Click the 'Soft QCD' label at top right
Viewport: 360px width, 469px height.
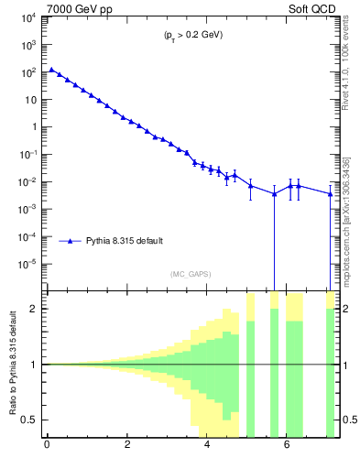[309, 10]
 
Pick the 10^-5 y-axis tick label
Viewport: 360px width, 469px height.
[27, 265]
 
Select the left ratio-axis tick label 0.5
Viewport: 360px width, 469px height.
[32, 420]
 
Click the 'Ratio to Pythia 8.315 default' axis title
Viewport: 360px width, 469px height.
[11, 363]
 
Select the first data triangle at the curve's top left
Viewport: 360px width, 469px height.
[51, 70]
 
